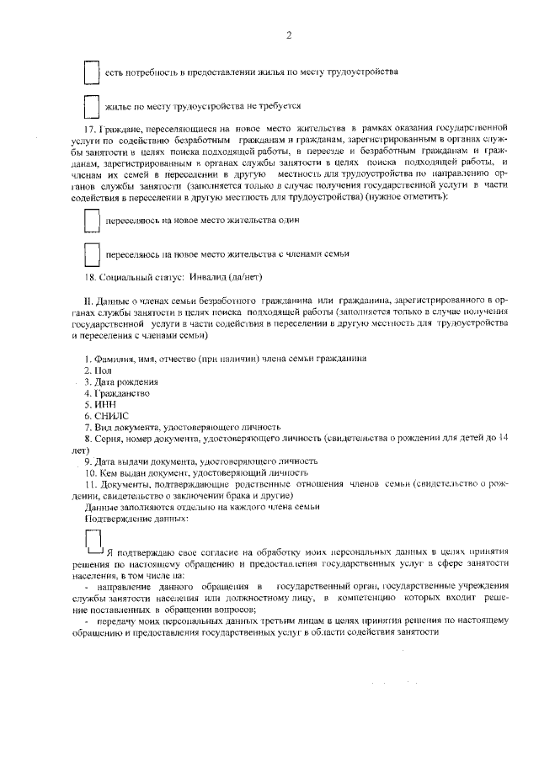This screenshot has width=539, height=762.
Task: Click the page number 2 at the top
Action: point(288,35)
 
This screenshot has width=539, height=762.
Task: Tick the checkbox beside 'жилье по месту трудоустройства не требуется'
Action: point(92,107)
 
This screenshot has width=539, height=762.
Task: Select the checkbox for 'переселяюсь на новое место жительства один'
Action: point(92,220)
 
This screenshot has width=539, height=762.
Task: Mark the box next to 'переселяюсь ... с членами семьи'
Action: point(92,253)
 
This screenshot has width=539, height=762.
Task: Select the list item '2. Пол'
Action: point(99,370)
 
